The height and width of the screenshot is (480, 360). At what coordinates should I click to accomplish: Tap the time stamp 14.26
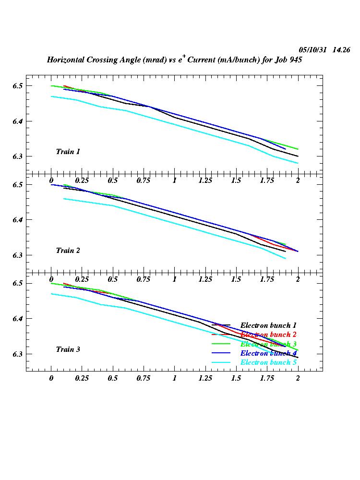point(341,50)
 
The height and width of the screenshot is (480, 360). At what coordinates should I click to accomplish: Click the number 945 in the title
point(295,60)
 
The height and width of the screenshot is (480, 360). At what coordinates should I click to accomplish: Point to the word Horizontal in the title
point(66,60)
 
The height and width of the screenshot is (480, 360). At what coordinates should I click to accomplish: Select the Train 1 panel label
point(68,152)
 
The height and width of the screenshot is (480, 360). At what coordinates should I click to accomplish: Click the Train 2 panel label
point(68,251)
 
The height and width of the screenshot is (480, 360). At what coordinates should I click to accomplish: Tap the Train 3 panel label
point(68,349)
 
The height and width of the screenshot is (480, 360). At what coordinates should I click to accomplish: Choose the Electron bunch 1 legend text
point(268,325)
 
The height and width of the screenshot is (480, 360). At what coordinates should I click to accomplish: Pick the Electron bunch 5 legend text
point(268,362)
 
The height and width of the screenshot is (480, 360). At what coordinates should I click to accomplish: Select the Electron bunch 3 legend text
point(268,344)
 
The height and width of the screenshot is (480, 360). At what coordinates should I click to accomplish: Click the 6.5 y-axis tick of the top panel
point(18,86)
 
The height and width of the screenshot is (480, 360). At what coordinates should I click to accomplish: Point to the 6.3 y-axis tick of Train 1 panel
point(18,156)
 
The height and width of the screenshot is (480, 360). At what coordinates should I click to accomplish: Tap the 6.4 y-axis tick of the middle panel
point(18,220)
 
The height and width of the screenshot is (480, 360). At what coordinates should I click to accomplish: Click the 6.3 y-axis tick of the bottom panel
point(18,354)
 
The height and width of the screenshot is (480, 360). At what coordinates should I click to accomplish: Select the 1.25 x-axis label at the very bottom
point(205,378)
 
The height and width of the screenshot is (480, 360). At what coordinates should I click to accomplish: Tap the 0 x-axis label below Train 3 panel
point(51,378)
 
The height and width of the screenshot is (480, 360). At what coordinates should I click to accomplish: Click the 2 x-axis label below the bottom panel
point(298,378)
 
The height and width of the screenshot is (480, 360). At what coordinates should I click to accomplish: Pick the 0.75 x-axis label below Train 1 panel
point(144,180)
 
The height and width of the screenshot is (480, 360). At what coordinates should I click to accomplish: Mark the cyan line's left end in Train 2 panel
point(64,199)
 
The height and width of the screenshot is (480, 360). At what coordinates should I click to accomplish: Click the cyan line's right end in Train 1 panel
point(298,163)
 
